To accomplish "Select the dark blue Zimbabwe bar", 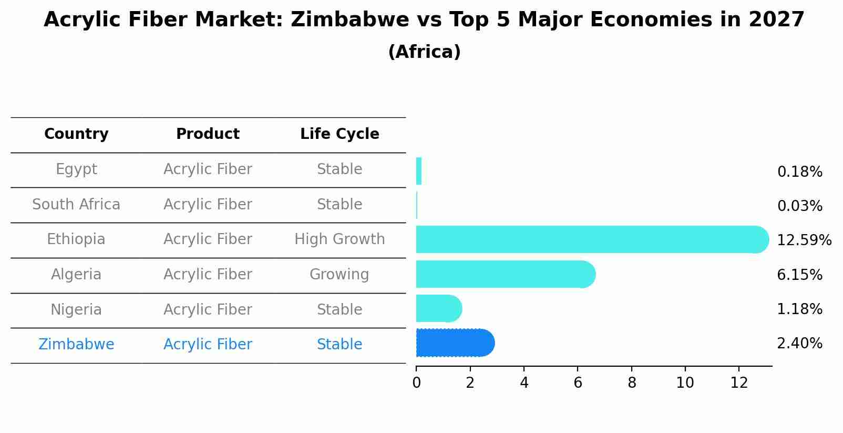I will pyautogui.click(x=455, y=343).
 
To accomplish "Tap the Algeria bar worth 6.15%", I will pyautogui.click(x=505, y=274).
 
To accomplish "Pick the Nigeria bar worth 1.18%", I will pyautogui.click(x=438, y=308).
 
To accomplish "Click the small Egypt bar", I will pyautogui.click(x=419, y=171).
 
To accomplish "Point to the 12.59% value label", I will pyautogui.click(x=804, y=240).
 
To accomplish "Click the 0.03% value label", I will pyautogui.click(x=799, y=206).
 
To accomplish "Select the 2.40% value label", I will pyautogui.click(x=799, y=344).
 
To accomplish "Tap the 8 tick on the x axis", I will pyautogui.click(x=631, y=383).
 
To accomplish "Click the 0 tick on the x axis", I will pyautogui.click(x=416, y=383).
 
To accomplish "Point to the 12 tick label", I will pyautogui.click(x=739, y=383).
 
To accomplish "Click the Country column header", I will pyautogui.click(x=76, y=134).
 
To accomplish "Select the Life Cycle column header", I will pyautogui.click(x=340, y=134).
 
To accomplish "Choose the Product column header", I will pyautogui.click(x=208, y=134).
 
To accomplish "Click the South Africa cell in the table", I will pyautogui.click(x=76, y=205).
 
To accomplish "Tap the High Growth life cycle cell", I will pyautogui.click(x=340, y=239).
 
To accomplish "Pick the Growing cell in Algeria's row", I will pyautogui.click(x=339, y=275).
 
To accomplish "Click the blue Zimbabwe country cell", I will pyautogui.click(x=76, y=345).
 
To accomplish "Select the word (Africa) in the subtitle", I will pyautogui.click(x=424, y=52).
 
